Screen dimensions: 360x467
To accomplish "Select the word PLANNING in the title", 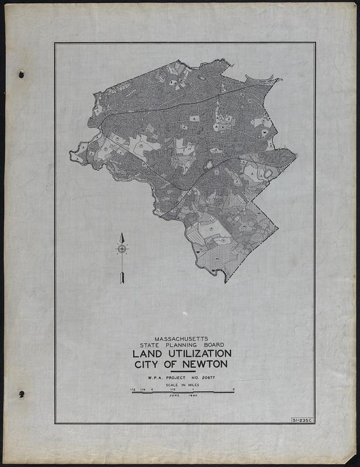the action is (x=183, y=345).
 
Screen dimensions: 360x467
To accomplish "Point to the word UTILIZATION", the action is (x=198, y=354).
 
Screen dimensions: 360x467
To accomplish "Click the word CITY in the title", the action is (x=149, y=365).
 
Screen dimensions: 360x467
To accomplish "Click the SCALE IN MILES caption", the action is (x=183, y=386).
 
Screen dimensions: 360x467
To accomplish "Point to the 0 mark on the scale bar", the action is (x=152, y=389).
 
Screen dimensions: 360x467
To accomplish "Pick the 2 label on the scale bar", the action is (x=233, y=389).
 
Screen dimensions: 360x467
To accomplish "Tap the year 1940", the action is (x=193, y=396).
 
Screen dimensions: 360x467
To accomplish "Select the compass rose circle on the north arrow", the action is (x=122, y=249).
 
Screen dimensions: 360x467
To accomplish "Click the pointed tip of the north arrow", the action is (x=122, y=234).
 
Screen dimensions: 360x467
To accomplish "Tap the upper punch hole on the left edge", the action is (x=22, y=74).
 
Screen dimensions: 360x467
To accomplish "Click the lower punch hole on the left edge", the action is (x=22, y=394).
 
